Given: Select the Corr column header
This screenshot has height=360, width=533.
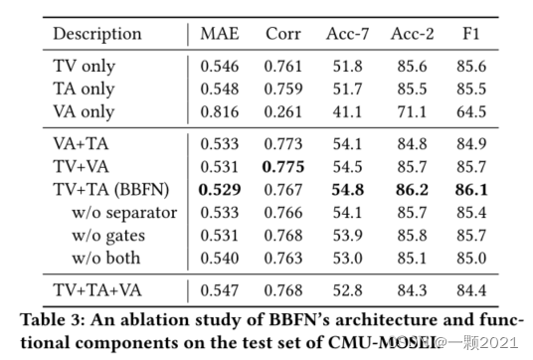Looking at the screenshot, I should pyautogui.click(x=283, y=34).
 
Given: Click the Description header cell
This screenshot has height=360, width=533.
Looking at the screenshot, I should pyautogui.click(x=97, y=34).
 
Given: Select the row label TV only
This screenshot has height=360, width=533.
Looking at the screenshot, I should pyautogui.click(x=85, y=67).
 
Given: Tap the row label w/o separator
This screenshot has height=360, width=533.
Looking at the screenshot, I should pyautogui.click(x=124, y=212).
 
